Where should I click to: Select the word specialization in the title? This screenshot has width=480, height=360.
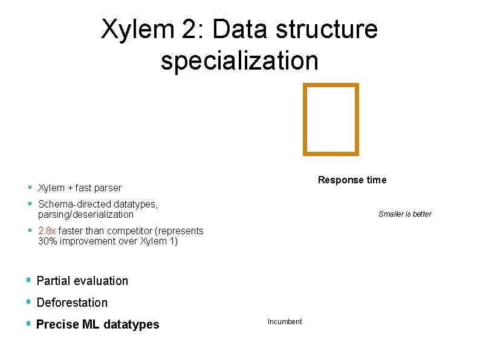tap(239, 61)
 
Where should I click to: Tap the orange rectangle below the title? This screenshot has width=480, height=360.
tap(331, 119)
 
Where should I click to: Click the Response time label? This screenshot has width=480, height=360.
tap(352, 180)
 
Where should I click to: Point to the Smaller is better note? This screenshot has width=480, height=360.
tap(404, 214)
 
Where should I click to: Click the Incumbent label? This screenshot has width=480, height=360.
tap(284, 321)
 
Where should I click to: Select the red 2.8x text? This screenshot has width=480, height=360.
tap(47, 231)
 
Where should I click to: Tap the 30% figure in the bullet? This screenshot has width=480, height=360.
tap(48, 241)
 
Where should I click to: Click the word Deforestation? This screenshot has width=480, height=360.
tap(72, 303)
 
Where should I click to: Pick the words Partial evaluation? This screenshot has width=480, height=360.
tap(82, 281)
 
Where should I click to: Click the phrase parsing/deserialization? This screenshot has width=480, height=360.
tap(85, 214)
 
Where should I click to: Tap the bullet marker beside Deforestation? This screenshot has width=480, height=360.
tap(28, 302)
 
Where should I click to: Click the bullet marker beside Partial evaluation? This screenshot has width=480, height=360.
tap(28, 280)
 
